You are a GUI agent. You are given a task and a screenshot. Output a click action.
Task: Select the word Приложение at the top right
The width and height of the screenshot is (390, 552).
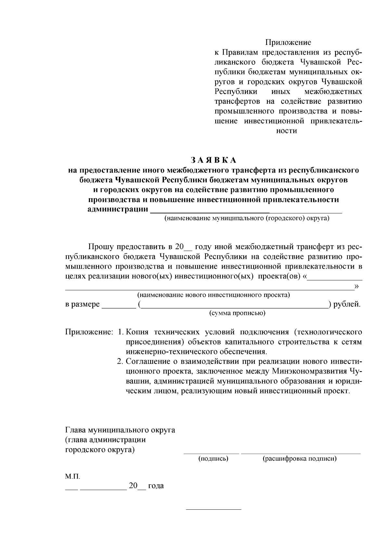tap(288, 42)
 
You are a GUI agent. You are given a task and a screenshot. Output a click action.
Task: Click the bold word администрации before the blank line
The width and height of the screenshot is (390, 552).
tap(118, 209)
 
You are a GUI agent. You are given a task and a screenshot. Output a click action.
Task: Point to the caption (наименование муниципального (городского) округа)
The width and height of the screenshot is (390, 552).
tap(246, 218)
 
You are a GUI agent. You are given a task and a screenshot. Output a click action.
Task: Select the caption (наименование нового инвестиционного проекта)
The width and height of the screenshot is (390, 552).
tap(214, 295)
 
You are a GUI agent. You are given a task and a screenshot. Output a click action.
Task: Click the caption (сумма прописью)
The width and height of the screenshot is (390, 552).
tap(237, 313)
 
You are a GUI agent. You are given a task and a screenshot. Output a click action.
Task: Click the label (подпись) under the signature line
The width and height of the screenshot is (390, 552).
tap(213, 459)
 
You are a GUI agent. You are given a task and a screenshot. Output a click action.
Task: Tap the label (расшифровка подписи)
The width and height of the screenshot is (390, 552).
tap(299, 459)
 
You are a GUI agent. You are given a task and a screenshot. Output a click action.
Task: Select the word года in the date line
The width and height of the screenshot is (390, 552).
tap(156, 486)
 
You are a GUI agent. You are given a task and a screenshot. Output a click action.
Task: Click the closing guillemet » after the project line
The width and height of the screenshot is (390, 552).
tap(357, 286)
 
